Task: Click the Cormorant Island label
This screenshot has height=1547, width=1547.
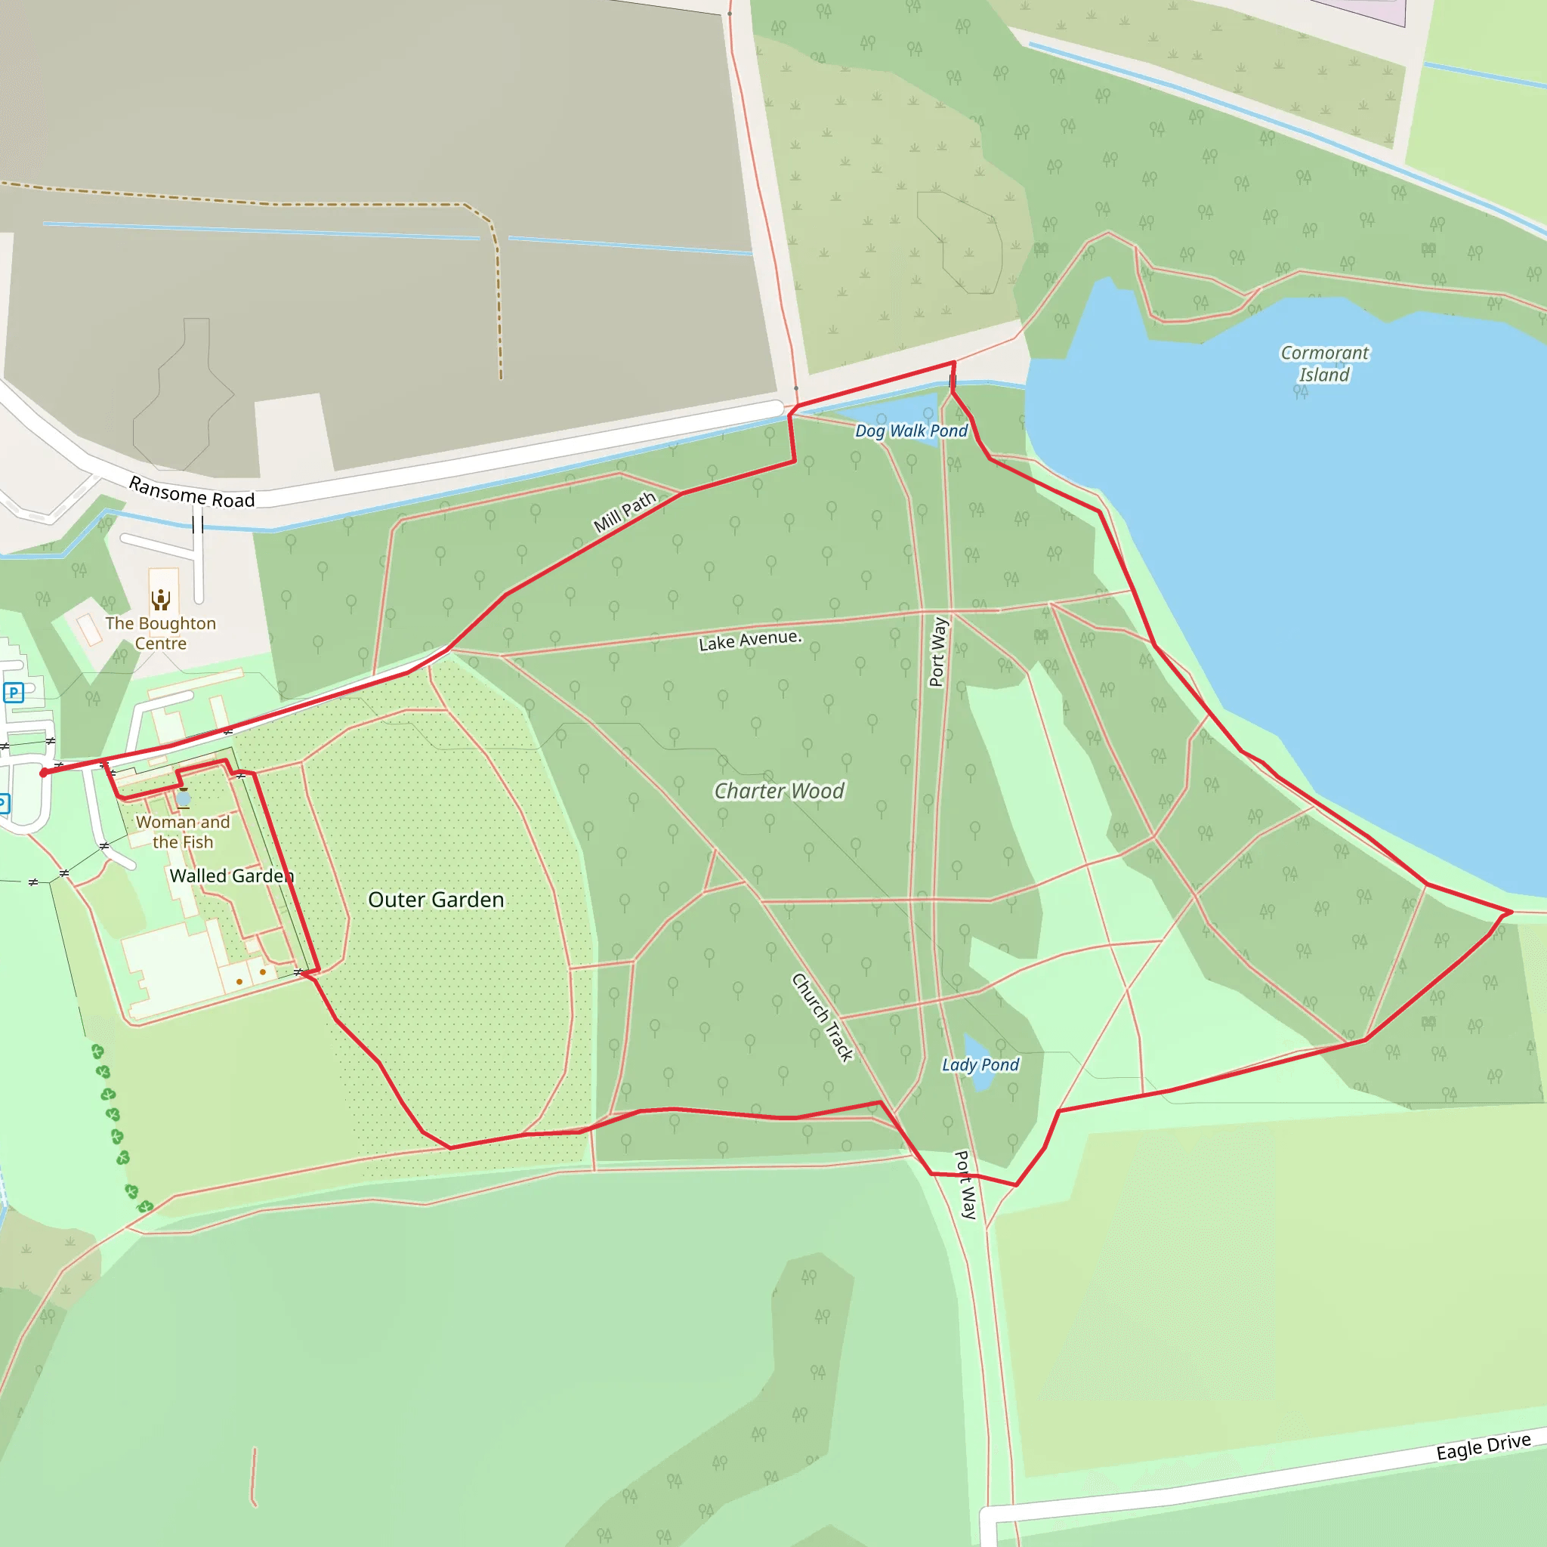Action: [1324, 363]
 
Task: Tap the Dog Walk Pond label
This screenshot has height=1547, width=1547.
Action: [911, 431]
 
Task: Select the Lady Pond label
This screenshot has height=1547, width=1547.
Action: [980, 1065]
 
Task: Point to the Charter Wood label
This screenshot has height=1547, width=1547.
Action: [779, 791]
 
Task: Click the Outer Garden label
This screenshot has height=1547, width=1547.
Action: [436, 899]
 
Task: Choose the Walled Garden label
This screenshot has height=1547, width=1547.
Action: [231, 876]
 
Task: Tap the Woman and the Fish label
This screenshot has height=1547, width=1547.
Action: [183, 832]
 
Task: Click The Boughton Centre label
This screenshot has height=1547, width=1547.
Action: [160, 633]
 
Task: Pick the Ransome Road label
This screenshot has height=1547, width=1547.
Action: [192, 493]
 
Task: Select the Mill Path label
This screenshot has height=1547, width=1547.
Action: [625, 512]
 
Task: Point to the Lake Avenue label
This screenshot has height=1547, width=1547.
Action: [749, 641]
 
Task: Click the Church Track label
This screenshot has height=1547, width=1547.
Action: [823, 1017]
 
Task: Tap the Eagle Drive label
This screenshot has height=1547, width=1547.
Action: [1483, 1446]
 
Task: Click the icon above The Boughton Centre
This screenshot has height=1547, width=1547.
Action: [161, 599]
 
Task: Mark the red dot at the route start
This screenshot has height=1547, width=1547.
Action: [43, 773]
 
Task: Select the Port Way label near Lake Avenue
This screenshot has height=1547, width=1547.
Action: [938, 651]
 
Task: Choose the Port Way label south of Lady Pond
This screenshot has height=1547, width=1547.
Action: [965, 1185]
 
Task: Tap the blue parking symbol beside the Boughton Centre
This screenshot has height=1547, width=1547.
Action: [14, 693]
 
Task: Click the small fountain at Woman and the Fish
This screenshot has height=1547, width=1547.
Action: [184, 798]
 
